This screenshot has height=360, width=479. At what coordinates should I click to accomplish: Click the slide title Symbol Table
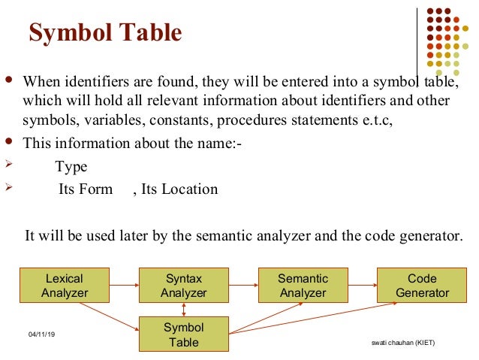click(104, 34)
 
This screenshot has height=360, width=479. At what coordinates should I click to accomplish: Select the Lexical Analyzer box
click(65, 286)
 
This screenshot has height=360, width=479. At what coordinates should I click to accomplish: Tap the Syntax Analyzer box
click(184, 286)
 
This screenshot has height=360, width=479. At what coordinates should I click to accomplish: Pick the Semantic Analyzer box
click(303, 286)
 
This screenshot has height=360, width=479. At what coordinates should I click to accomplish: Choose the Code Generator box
click(422, 286)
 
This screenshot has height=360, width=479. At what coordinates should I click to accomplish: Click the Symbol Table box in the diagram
click(184, 334)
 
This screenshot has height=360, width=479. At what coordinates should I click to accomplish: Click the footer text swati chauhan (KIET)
click(403, 343)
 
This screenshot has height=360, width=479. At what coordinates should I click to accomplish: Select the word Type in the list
click(71, 167)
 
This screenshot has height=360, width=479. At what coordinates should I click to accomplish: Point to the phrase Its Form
click(86, 189)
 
